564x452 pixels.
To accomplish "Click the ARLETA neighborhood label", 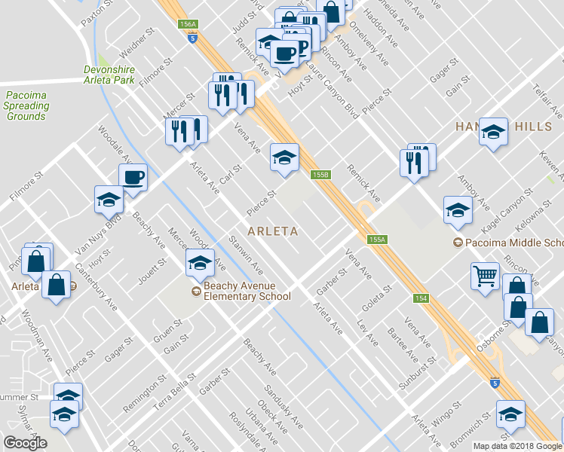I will (272, 231).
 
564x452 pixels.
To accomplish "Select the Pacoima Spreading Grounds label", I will (26, 105).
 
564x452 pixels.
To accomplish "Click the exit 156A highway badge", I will (189, 25).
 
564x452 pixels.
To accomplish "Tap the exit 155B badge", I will (320, 175).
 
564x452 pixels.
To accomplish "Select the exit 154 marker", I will (421, 299).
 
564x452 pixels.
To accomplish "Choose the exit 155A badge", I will (377, 239).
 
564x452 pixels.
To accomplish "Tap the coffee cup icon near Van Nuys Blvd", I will (133, 178).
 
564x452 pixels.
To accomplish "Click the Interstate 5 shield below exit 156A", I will (193, 38).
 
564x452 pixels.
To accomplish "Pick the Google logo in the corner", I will (25, 443).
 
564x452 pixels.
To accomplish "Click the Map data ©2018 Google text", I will (517, 446).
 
